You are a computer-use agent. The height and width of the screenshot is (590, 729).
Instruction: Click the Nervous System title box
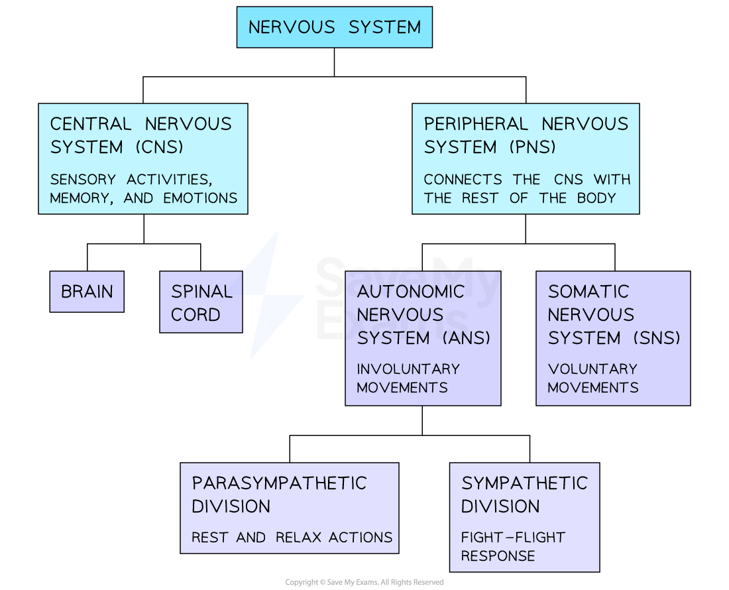(x=334, y=27)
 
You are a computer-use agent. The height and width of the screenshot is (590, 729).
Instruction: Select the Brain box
(x=87, y=292)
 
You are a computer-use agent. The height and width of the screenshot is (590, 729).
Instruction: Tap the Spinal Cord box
(x=201, y=302)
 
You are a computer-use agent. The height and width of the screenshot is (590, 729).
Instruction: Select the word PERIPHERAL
(x=476, y=124)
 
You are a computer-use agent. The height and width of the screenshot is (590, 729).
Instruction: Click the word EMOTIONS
(x=200, y=198)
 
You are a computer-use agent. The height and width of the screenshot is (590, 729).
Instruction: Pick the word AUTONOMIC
(x=410, y=292)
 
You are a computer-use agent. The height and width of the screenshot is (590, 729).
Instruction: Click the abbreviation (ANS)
(x=466, y=338)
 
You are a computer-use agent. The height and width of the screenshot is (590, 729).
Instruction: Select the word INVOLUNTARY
(x=408, y=369)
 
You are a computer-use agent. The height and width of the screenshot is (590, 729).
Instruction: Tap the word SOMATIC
(x=588, y=292)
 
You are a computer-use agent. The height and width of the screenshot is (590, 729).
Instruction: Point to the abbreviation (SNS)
(x=656, y=338)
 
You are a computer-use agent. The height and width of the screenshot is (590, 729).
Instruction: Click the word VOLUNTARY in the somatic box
(x=592, y=369)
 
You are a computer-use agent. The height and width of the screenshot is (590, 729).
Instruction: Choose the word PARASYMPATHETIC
(x=279, y=483)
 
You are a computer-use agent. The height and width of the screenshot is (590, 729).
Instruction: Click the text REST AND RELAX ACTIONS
(x=292, y=538)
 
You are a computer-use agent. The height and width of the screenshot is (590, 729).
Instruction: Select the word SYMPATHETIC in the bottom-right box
(x=524, y=483)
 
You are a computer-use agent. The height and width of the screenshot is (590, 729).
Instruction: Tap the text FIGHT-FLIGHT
(x=513, y=538)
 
